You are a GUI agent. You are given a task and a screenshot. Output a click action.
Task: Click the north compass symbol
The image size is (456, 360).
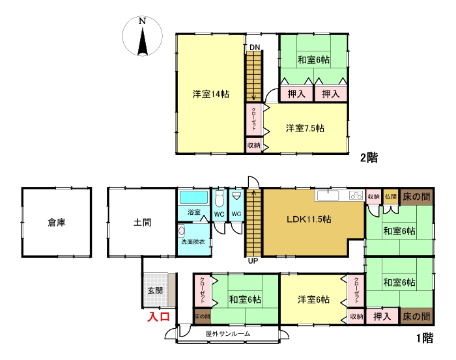142,36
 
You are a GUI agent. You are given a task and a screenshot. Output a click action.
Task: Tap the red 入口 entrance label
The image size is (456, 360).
158,316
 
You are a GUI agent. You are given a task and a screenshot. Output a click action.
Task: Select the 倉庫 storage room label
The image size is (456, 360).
57,223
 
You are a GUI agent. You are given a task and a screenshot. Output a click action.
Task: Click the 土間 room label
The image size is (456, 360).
142,223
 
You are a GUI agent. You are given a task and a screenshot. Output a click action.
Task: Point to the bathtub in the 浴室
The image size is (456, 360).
193,197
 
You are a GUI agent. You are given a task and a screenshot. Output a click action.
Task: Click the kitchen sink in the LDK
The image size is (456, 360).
328,195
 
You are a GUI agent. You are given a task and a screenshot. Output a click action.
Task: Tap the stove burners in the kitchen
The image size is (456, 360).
356,195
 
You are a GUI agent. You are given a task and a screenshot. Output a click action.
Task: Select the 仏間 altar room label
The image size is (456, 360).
391,197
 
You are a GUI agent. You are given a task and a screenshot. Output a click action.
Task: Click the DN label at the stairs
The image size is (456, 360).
255,48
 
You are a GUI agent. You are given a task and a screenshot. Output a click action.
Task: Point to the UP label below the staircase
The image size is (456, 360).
253,261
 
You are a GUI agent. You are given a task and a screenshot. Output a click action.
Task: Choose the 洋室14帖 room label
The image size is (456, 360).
211,94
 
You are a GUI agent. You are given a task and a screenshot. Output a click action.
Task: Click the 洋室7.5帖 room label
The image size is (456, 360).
305,128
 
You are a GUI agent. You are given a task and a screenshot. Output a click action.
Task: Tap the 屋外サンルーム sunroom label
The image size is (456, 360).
228,333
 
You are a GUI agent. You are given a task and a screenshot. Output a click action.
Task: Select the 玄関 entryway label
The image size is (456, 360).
155,290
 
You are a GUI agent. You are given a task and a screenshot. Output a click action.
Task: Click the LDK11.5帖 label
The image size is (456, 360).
309,219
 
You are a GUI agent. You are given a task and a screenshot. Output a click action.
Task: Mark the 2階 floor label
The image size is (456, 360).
369,158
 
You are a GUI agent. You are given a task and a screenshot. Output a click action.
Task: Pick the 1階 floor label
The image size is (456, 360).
425,338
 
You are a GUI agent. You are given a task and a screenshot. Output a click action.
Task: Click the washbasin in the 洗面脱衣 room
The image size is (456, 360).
182,231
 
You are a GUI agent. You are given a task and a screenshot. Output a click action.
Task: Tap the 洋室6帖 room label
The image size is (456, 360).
313,299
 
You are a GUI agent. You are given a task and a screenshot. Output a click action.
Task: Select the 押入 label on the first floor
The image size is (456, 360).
382,316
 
